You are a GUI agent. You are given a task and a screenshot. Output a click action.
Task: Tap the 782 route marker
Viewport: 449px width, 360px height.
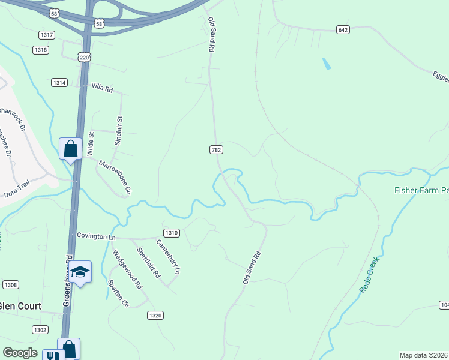point(217,149)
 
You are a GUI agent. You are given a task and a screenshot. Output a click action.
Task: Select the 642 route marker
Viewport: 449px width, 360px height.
point(343,30)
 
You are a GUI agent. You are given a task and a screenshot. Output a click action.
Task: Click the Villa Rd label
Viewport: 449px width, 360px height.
point(101,88)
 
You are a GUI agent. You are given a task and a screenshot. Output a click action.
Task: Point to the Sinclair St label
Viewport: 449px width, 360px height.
point(118,131)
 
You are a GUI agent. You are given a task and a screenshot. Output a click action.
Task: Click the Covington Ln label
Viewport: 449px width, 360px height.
point(96,236)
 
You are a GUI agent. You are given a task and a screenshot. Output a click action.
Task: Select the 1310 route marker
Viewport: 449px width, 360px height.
point(171,233)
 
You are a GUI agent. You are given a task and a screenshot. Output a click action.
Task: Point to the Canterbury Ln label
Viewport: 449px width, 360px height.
point(169,257)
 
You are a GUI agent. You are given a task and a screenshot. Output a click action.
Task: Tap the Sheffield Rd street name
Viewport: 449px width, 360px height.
point(148,263)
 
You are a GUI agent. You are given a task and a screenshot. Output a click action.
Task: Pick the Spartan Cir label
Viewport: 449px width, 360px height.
point(118,293)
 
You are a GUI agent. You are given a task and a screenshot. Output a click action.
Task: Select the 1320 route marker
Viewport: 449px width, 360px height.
point(155,315)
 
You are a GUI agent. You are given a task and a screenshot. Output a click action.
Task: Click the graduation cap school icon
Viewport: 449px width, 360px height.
point(80,272)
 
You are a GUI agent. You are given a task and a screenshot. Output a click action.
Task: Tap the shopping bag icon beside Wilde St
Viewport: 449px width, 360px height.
point(70,148)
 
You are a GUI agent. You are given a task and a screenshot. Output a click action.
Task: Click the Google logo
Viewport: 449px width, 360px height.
point(20,353)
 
